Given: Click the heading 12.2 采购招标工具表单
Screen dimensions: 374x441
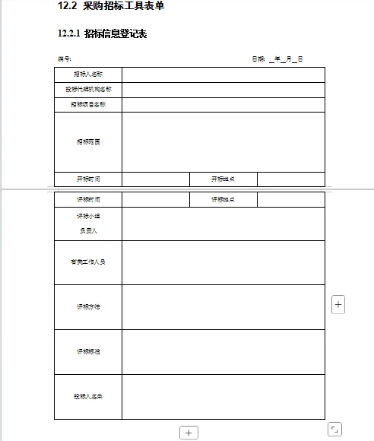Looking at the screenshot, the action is pyautogui.click(x=110, y=7).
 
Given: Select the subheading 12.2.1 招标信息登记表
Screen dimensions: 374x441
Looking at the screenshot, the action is pyautogui.click(x=102, y=34).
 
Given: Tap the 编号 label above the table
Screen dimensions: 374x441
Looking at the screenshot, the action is pyautogui.click(x=65, y=59).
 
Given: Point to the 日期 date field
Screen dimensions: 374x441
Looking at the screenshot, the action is pyautogui.click(x=278, y=59).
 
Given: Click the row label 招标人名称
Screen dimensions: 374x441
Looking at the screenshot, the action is pyautogui.click(x=88, y=75).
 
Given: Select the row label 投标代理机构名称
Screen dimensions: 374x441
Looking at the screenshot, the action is pyautogui.click(x=88, y=90).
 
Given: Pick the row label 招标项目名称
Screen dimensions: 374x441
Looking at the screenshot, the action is pyautogui.click(x=88, y=104).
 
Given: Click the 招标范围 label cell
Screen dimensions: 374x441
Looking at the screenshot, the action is pyautogui.click(x=88, y=142).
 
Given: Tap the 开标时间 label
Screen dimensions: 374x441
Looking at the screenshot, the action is pyautogui.click(x=88, y=179).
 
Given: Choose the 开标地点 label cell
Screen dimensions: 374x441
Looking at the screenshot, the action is pyautogui.click(x=223, y=179).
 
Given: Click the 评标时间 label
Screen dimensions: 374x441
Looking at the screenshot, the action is pyautogui.click(x=88, y=199).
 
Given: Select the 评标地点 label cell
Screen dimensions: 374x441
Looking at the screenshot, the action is pyautogui.click(x=223, y=199).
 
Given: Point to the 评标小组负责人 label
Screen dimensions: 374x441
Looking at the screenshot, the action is pyautogui.click(x=88, y=223).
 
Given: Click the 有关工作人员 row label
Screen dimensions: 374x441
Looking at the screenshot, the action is pyautogui.click(x=88, y=262).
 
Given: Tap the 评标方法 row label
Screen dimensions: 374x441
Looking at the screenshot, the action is pyautogui.click(x=88, y=306).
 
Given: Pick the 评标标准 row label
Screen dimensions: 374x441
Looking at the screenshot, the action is pyautogui.click(x=88, y=351).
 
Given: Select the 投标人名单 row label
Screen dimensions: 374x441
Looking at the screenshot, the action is pyautogui.click(x=88, y=396).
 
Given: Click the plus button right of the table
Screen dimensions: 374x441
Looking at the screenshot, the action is pyautogui.click(x=339, y=304).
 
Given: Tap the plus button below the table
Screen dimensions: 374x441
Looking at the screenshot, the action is pyautogui.click(x=189, y=433).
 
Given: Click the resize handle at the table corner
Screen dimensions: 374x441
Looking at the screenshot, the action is pyautogui.click(x=334, y=430).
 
